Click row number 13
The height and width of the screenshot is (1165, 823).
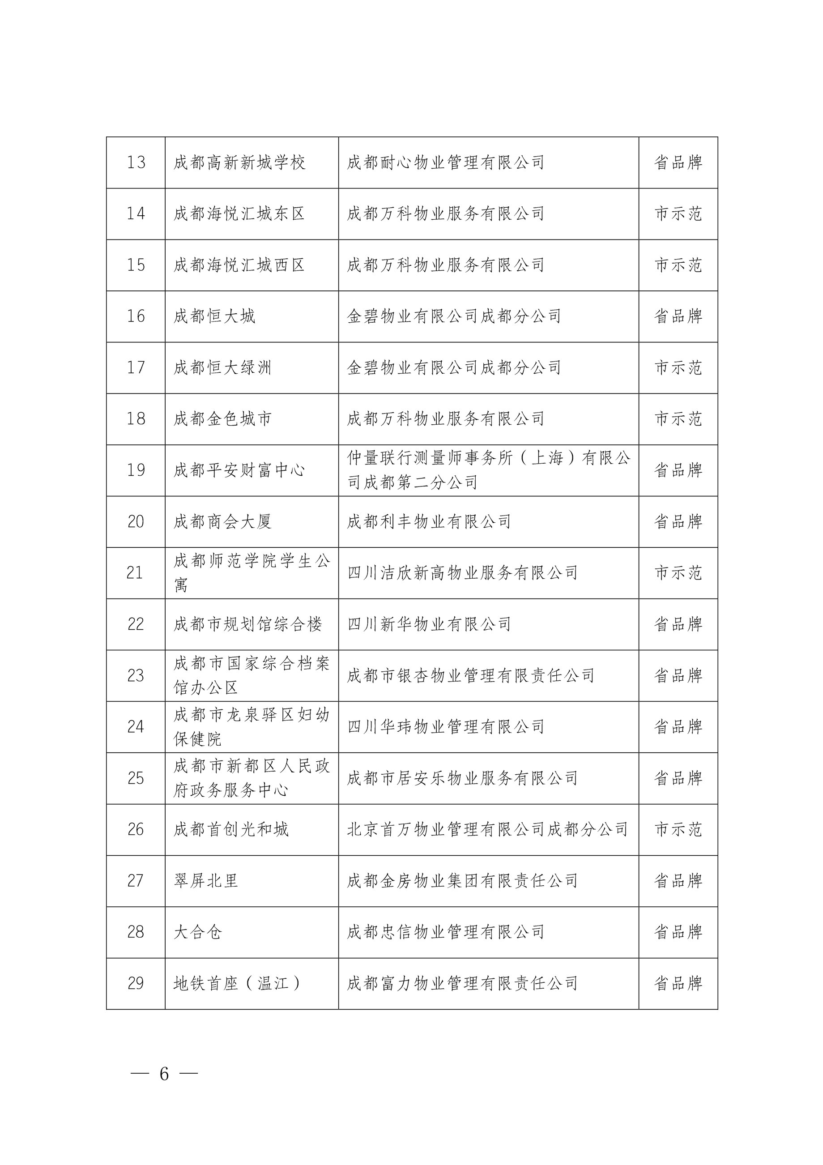(x=136, y=162)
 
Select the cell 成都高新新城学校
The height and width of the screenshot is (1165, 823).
(x=239, y=162)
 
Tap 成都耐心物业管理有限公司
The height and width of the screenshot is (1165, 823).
(x=445, y=162)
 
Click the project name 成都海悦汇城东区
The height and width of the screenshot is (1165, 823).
(x=239, y=213)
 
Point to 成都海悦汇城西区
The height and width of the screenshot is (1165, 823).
(x=239, y=265)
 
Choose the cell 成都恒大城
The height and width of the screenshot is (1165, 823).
(x=214, y=316)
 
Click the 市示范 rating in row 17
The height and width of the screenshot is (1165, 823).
(x=678, y=367)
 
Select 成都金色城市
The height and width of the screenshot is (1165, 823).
(x=223, y=418)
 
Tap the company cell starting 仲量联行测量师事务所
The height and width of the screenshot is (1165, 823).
(x=488, y=470)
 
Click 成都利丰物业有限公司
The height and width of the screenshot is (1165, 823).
(x=429, y=521)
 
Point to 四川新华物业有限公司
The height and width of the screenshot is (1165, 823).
(x=429, y=624)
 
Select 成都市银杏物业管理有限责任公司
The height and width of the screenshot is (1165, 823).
(x=470, y=675)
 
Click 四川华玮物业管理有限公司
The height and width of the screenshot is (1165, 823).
(x=445, y=726)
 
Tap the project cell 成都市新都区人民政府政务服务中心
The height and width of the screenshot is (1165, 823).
(x=251, y=778)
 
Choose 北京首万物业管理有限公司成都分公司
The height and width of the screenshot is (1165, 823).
(x=487, y=829)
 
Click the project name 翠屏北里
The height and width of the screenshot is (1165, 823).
(x=205, y=880)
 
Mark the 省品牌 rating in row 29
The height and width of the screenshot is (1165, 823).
(x=678, y=983)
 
